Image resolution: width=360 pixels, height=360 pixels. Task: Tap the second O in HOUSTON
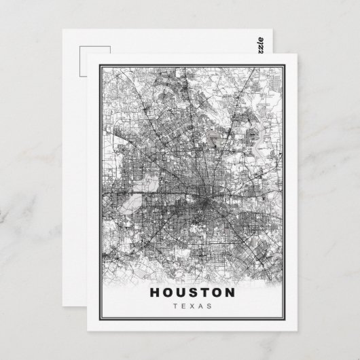pyautogui.click(x=219, y=293)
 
